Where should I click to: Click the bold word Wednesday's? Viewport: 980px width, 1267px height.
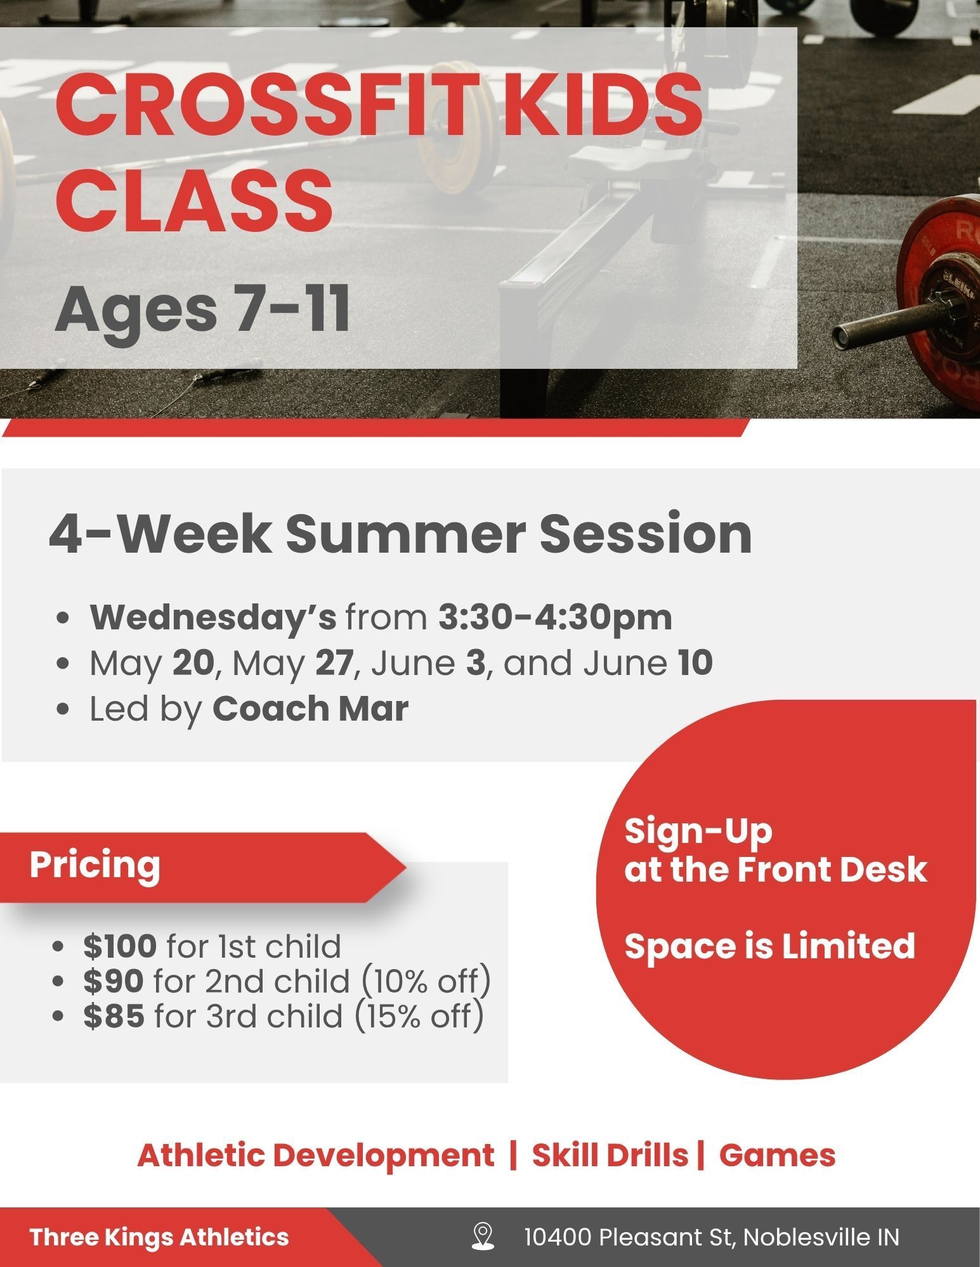(x=213, y=618)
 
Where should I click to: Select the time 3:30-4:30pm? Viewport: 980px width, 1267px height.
(x=555, y=617)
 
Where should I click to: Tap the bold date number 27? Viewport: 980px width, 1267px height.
(x=334, y=663)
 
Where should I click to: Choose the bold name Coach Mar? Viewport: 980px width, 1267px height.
(x=310, y=708)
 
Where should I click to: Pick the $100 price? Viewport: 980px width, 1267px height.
(x=120, y=946)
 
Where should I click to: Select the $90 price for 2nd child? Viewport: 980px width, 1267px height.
(x=113, y=981)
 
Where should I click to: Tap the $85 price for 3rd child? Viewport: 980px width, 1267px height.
(x=114, y=1016)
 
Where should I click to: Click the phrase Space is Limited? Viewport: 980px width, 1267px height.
(x=770, y=946)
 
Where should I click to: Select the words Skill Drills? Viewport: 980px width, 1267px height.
(x=610, y=1155)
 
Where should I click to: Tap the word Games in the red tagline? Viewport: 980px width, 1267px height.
(x=777, y=1155)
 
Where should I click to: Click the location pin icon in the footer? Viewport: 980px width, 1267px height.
(x=483, y=1237)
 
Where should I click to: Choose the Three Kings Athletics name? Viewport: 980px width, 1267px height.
(x=159, y=1237)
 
